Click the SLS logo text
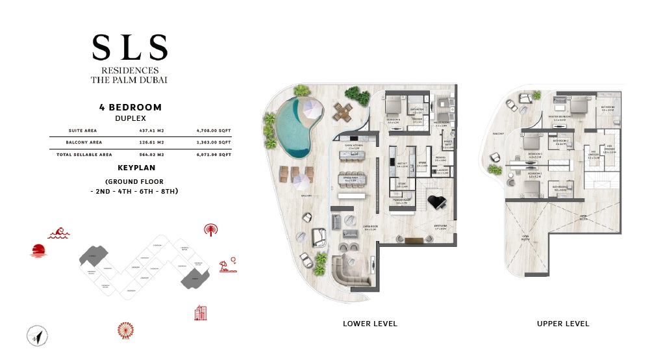point(130,47)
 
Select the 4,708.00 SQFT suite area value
point(214,130)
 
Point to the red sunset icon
point(39,251)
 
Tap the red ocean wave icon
point(58,232)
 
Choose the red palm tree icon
point(211,229)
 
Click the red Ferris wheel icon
point(125,330)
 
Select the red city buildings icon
point(201,313)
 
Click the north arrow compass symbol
point(38,336)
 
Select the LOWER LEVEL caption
point(370,324)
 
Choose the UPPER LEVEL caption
point(563,324)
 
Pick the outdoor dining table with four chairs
point(344,113)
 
